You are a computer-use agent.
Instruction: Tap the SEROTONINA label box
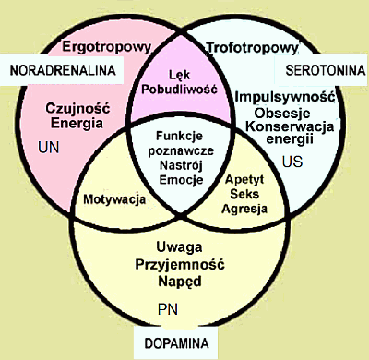(x=316, y=69)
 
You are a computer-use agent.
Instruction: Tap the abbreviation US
(x=292, y=162)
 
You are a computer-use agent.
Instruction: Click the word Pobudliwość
(x=179, y=90)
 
